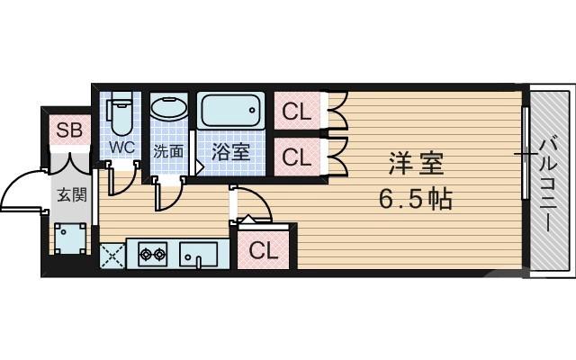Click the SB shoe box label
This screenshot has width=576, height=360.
click(69, 130)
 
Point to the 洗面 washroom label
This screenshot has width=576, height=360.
click(167, 151)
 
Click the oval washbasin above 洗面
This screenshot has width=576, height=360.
click(168, 111)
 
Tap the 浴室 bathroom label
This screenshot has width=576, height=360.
click(230, 152)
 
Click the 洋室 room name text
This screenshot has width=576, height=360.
click(417, 166)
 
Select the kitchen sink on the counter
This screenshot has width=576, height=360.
click(198, 255)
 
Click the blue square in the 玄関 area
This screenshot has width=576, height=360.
click(69, 238)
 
